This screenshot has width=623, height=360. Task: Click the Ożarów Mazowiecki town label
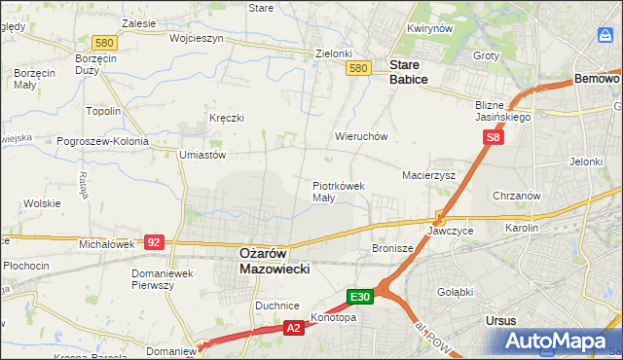pyautogui.click(x=275, y=260)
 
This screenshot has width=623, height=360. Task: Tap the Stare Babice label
pyautogui.click(x=408, y=72)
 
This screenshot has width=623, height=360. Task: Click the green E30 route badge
pyautogui.click(x=360, y=296)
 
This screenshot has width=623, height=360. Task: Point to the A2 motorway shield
pyautogui.click(x=293, y=329)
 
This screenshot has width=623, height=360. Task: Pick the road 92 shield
pyautogui.click(x=153, y=241)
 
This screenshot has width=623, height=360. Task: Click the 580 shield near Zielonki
pyautogui.click(x=358, y=68)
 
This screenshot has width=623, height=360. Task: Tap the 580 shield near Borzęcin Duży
pyautogui.click(x=105, y=43)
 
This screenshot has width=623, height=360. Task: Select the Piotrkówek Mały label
pyautogui.click(x=338, y=191)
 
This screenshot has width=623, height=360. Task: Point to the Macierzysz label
pyautogui.click(x=429, y=175)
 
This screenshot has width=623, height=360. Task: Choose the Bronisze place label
pyautogui.click(x=393, y=249)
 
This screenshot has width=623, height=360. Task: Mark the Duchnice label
pyautogui.click(x=276, y=306)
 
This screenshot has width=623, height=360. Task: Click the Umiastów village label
pyautogui.click(x=202, y=155)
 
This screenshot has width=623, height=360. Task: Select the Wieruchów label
pyautogui.click(x=361, y=137)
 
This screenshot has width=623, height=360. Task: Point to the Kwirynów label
pyautogui.click(x=430, y=29)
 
